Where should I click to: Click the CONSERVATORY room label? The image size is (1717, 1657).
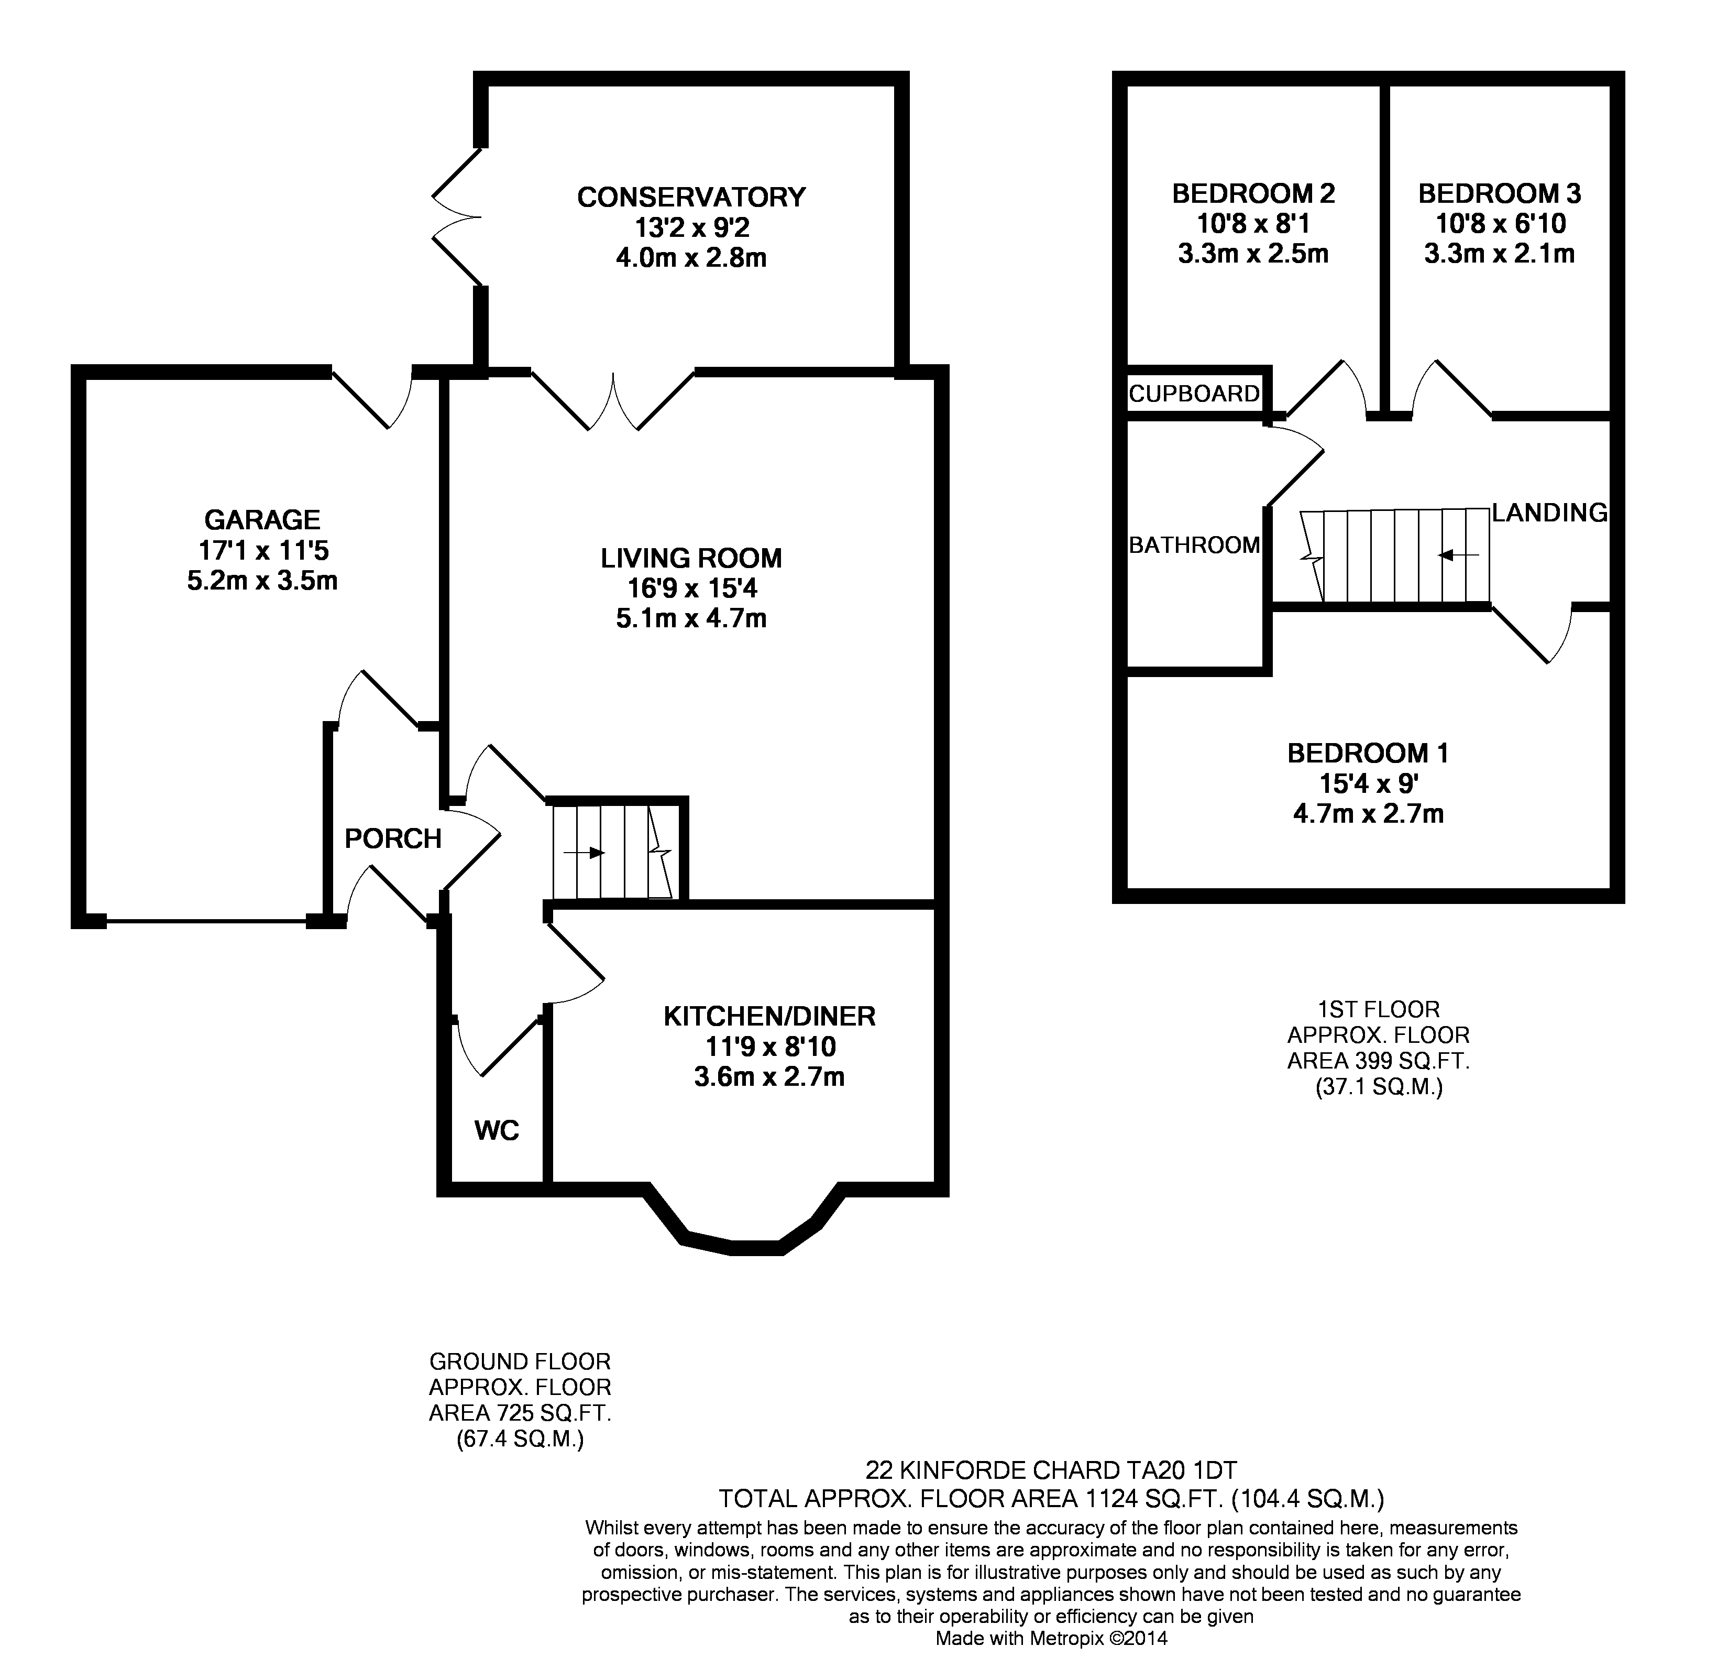(691, 197)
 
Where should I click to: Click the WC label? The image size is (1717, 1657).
(497, 1130)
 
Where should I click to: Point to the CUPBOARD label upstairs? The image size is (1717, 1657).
(1194, 394)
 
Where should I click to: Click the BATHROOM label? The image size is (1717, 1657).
(1194, 545)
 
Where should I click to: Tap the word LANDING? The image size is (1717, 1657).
(1550, 513)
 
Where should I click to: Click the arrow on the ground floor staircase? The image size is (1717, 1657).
(585, 853)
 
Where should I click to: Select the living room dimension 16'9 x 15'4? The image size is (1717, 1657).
(691, 588)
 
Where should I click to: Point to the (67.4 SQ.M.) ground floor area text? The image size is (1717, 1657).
(520, 1439)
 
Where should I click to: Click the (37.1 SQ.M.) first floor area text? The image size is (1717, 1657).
(1378, 1087)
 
